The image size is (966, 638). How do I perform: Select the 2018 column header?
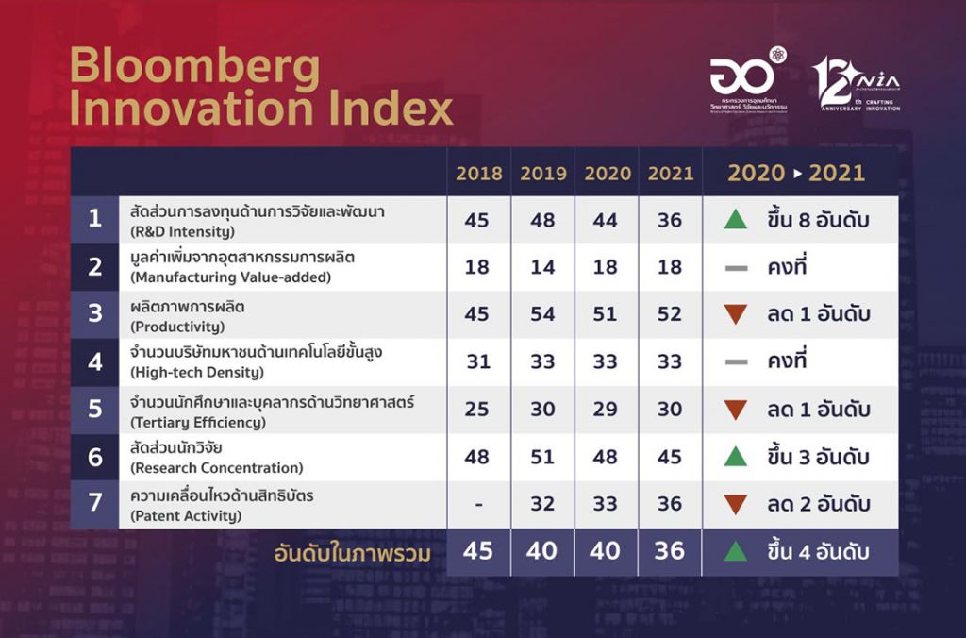click(478, 174)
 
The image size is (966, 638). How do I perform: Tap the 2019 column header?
click(543, 174)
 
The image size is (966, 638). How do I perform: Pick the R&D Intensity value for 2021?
click(670, 220)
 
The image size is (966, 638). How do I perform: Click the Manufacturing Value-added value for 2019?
click(543, 267)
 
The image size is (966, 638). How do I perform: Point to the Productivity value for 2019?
click(543, 314)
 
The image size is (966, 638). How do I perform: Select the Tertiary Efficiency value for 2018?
click(478, 410)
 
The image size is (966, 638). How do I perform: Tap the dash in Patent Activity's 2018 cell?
click(478, 504)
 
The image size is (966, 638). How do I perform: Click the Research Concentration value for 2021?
click(670, 457)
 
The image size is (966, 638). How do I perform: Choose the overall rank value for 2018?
click(478, 551)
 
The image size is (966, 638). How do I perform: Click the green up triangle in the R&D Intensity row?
click(735, 220)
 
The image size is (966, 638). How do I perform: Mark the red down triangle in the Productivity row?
click(735, 315)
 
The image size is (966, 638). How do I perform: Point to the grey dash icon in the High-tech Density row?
click(735, 362)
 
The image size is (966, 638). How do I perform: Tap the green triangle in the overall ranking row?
click(735, 551)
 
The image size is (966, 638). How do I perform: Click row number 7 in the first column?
click(94, 503)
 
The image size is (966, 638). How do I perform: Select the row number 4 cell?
click(94, 361)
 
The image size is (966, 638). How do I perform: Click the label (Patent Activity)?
click(186, 515)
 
